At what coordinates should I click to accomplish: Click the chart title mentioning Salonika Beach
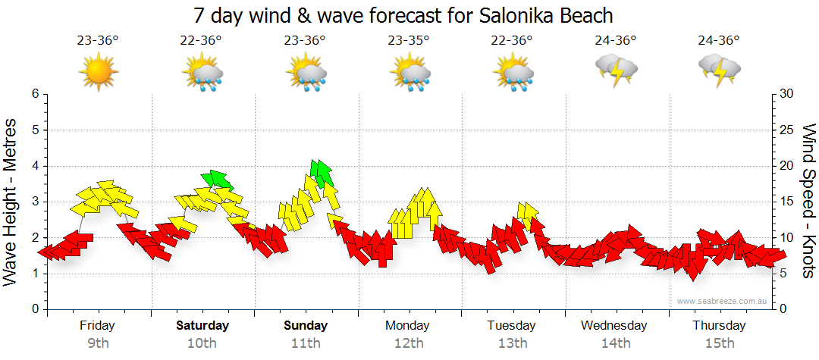coord(403,15)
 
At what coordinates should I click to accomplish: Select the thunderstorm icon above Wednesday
coord(617,70)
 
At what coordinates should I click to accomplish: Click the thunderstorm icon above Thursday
coord(719,70)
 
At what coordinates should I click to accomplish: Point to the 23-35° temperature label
coord(409,41)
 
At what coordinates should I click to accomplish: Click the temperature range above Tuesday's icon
coord(513,41)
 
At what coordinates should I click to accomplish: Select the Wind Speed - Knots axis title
coord(808,201)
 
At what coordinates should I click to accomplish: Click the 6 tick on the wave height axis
coord(34,94)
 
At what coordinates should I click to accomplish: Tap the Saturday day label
coord(202,326)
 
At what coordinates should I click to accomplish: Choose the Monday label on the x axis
coord(408,326)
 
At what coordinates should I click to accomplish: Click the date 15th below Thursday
coord(719,343)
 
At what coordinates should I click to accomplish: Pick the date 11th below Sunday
coord(306,343)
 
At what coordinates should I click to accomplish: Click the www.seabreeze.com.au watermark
coord(723,302)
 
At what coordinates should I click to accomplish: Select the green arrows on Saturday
coord(218,179)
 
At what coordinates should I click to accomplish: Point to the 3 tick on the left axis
coord(34,202)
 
